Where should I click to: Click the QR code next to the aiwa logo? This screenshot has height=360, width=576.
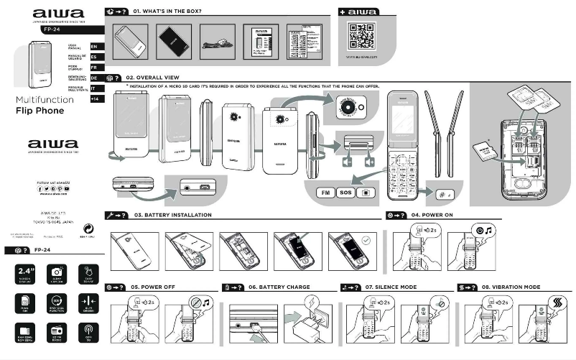tap(361, 35)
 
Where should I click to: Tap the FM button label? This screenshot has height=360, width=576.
tap(325, 193)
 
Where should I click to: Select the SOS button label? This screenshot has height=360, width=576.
tap(345, 193)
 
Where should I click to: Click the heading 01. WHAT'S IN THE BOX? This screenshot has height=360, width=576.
tap(167, 11)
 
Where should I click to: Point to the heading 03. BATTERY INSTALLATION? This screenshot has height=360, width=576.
tap(172, 215)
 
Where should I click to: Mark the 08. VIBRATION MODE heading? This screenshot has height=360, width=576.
tap(511, 287)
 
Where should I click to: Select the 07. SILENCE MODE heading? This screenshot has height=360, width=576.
tap(391, 287)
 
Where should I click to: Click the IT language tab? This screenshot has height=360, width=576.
tap(93, 88)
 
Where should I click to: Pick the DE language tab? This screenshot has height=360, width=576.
tap(93, 77)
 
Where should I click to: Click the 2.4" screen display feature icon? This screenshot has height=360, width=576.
tap(25, 274)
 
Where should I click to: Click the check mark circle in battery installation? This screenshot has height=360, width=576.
tap(366, 242)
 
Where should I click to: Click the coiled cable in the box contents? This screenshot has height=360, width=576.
tap(217, 43)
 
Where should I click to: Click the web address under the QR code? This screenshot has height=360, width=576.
tap(361, 56)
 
